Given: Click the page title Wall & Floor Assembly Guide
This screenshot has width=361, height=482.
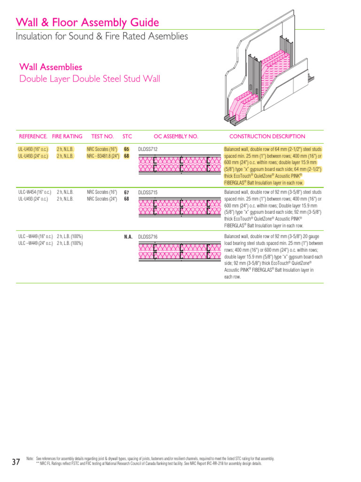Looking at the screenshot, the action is pos(87,23).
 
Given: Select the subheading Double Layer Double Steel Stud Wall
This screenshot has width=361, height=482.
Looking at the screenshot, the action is pos(89,79).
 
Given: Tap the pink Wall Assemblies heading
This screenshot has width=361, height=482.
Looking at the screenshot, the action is pos(51,67).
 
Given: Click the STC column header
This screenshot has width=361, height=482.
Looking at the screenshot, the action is pos(127,137).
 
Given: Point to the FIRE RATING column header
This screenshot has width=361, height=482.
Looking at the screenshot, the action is pos(67,137).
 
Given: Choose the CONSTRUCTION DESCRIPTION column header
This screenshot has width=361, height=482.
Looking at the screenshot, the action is pos(265,137).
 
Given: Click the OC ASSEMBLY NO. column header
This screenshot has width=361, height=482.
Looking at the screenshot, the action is pos(176,137).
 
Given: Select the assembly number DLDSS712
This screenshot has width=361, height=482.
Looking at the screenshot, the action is pos(148,149).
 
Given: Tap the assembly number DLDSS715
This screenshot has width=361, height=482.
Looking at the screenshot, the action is pos(148,193).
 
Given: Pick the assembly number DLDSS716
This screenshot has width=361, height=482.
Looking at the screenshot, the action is pos(148,237).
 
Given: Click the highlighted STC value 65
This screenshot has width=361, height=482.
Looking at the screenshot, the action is pos(126,149).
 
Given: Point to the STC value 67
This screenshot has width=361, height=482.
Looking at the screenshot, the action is pos(126,193).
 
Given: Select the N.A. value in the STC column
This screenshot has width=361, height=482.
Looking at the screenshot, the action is pos(128,237).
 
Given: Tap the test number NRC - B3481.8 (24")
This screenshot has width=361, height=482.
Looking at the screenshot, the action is pos(102,156).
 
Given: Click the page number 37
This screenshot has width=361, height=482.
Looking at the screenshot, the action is pos(16,462).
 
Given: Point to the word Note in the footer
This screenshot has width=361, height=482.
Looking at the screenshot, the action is pos(30,458).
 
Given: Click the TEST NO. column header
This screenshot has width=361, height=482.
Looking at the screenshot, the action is pos(102,137).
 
